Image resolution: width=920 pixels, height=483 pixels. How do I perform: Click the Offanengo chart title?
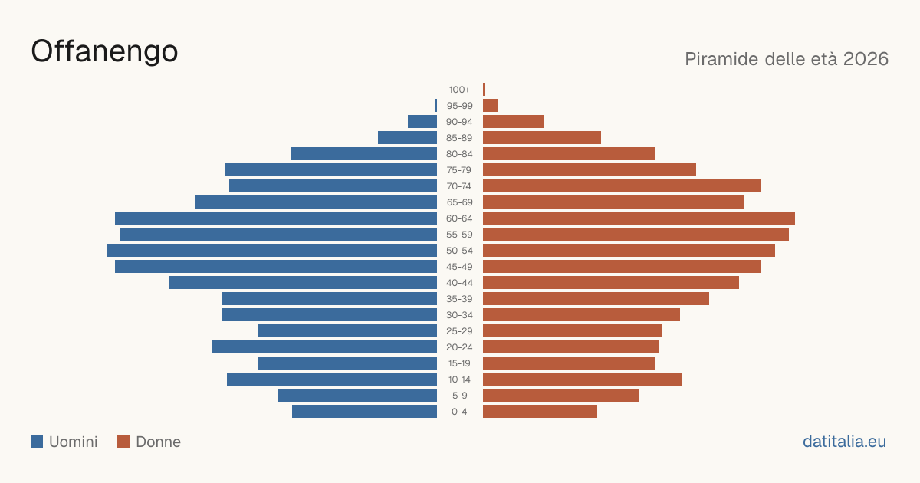tap(104, 52)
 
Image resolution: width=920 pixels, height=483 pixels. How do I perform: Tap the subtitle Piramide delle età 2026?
tap(787, 59)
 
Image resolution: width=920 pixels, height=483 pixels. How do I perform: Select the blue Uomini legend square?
tap(37, 442)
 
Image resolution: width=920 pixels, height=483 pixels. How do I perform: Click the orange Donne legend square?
tap(123, 442)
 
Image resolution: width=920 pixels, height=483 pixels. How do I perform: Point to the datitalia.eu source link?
tap(844, 442)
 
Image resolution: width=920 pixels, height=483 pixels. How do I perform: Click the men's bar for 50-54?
tap(272, 251)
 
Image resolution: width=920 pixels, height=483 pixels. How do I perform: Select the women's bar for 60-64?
tap(639, 218)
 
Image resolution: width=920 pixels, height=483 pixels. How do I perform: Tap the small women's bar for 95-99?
tap(491, 106)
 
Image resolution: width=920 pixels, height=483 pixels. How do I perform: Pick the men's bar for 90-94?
tap(422, 122)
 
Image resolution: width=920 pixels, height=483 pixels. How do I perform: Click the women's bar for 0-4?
tap(540, 412)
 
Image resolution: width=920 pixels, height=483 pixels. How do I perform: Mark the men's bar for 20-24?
tap(324, 347)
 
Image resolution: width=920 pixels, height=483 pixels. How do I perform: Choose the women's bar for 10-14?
tap(583, 379)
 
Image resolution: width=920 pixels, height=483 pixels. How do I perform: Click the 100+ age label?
tap(459, 90)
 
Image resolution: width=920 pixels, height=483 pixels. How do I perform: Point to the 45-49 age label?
tap(459, 267)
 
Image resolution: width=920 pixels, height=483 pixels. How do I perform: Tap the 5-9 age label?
tap(459, 396)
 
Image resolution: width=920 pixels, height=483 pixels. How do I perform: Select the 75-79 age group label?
tap(459, 170)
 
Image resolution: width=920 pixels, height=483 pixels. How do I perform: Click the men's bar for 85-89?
tap(407, 137)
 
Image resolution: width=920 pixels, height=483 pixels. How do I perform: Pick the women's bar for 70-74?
tap(622, 186)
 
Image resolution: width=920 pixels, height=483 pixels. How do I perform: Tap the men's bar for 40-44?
tap(303, 283)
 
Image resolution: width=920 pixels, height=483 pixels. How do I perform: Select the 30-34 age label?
tap(459, 315)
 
